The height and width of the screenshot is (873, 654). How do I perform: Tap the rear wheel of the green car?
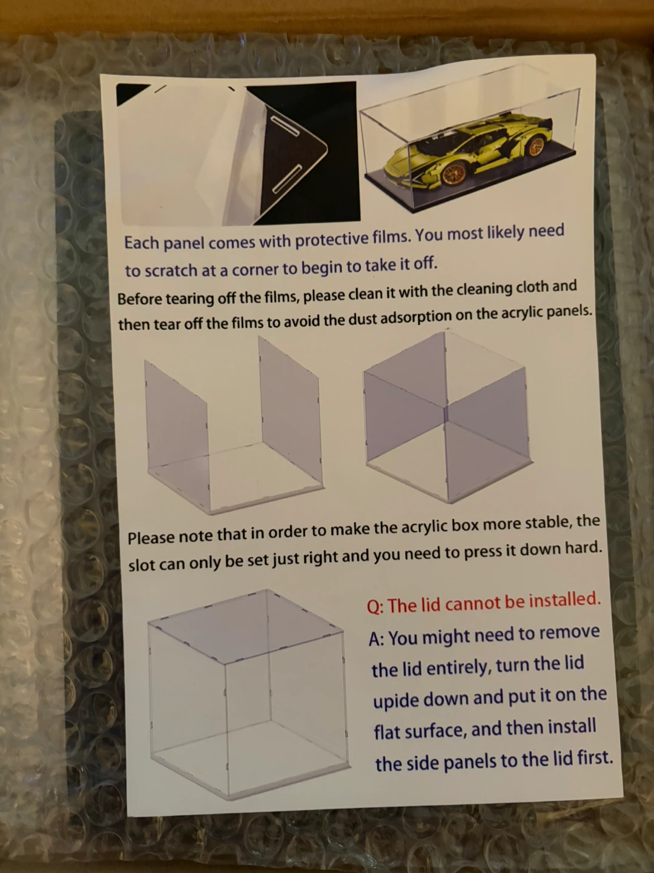click(536, 145)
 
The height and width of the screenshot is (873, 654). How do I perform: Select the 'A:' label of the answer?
click(377, 639)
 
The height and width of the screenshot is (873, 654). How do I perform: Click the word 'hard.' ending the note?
click(583, 549)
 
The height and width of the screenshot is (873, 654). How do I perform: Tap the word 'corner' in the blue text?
click(256, 269)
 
